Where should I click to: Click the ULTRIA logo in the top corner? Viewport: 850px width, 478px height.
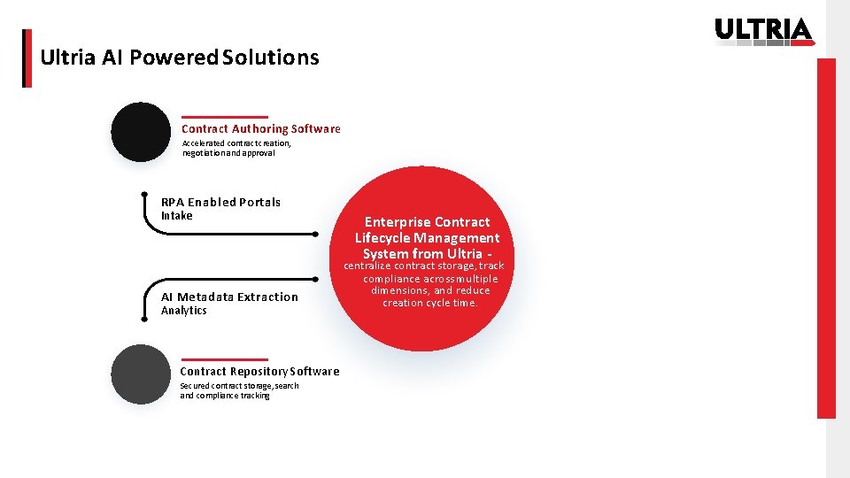point(763,30)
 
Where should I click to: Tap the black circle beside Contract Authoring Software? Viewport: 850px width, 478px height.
point(141,132)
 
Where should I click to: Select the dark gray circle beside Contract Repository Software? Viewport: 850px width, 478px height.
point(141,374)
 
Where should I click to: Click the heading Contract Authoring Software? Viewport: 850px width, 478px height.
point(260,129)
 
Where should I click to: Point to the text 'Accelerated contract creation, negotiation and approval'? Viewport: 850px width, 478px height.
point(236,148)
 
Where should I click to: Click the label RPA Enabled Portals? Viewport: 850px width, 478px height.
point(220,202)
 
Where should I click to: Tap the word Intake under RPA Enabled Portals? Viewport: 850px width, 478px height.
point(176,216)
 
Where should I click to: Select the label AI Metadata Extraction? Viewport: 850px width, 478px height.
point(229,297)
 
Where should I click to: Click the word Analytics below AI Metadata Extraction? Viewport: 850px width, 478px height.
point(183,311)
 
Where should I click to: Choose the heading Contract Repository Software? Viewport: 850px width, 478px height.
point(259,372)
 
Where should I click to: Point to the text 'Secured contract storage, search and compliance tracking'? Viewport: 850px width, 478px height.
point(239,390)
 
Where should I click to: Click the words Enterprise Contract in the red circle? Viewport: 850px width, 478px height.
point(427,222)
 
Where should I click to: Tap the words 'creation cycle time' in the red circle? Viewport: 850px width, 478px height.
point(429,303)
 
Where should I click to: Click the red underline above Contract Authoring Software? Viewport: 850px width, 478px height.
point(224,117)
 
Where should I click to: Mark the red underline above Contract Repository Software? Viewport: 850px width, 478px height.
point(223,359)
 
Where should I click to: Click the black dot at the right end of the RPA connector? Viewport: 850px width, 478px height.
point(315,235)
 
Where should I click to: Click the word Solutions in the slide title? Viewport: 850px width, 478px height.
point(271,58)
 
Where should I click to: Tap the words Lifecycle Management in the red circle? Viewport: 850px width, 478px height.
point(427,238)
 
